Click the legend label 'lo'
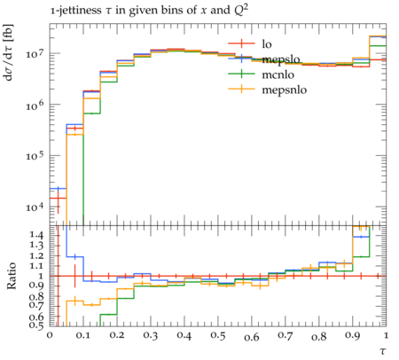(x=267, y=44)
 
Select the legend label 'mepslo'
(x=281, y=59)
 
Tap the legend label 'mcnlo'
(x=278, y=74)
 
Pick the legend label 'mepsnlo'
(x=285, y=90)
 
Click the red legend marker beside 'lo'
(x=241, y=43)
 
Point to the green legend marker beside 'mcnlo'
(x=241, y=74)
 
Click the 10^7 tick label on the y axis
(x=35, y=54)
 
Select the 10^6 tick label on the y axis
(x=35, y=106)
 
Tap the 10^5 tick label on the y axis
(x=35, y=156)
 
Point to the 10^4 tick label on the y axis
(x=35, y=207)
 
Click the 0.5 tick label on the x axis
(x=218, y=336)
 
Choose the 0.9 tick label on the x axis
(x=353, y=336)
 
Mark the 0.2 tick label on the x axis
(x=117, y=336)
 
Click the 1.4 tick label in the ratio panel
(x=36, y=235)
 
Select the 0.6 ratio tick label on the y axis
(x=36, y=317)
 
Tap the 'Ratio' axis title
(x=12, y=276)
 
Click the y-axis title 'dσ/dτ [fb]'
(x=8, y=52)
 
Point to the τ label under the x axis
(x=383, y=351)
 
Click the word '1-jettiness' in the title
(x=75, y=11)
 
